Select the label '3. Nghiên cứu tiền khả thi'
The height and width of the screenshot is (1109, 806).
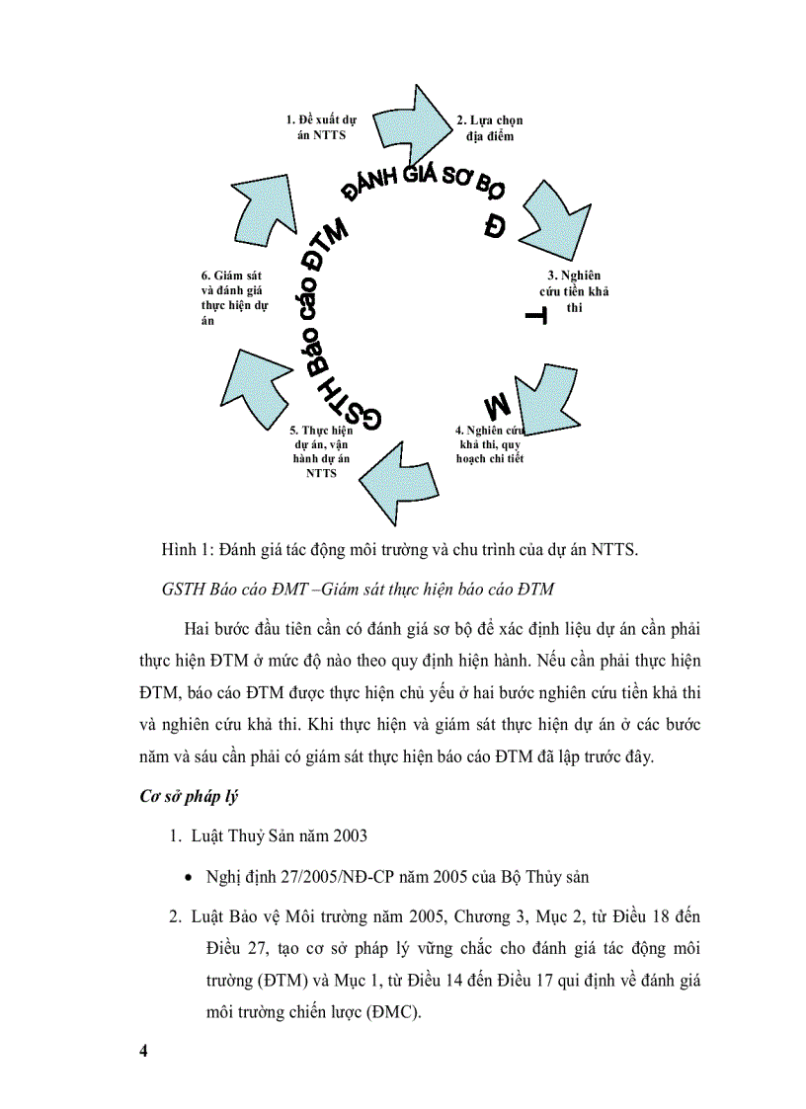575,291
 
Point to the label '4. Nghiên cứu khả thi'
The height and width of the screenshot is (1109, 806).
490,444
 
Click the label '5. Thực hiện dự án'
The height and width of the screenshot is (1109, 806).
321,451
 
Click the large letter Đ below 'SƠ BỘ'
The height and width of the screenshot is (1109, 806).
494,227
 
